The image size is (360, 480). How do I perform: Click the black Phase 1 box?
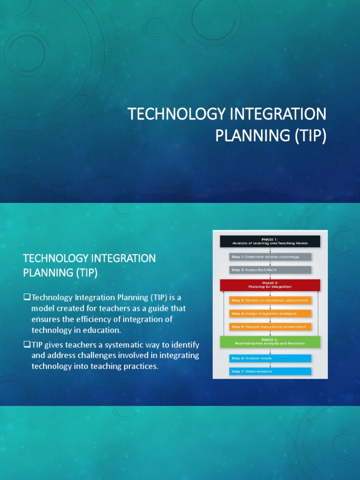tap(270, 241)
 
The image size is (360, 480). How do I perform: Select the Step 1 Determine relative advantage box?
tap(270, 256)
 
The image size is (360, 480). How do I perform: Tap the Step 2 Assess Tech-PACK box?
tap(270, 270)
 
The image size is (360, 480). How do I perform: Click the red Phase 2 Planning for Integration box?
tap(270, 285)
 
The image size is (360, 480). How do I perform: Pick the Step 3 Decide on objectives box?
tap(270, 300)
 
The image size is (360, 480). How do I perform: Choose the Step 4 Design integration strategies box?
tap(270, 313)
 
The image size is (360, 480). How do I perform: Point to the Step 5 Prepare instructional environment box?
tap(270, 326)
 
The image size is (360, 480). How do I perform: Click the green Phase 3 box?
tap(270, 341)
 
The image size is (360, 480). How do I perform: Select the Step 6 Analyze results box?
tap(270, 358)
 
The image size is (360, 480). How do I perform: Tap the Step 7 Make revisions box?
tap(270, 371)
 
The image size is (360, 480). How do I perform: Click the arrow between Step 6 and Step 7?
tap(270, 365)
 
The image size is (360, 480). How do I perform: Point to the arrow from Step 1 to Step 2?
tap(270, 263)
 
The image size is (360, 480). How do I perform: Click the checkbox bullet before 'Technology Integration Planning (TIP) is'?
tap(27, 297)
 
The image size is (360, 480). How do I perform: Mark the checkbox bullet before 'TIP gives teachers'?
tap(27, 345)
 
